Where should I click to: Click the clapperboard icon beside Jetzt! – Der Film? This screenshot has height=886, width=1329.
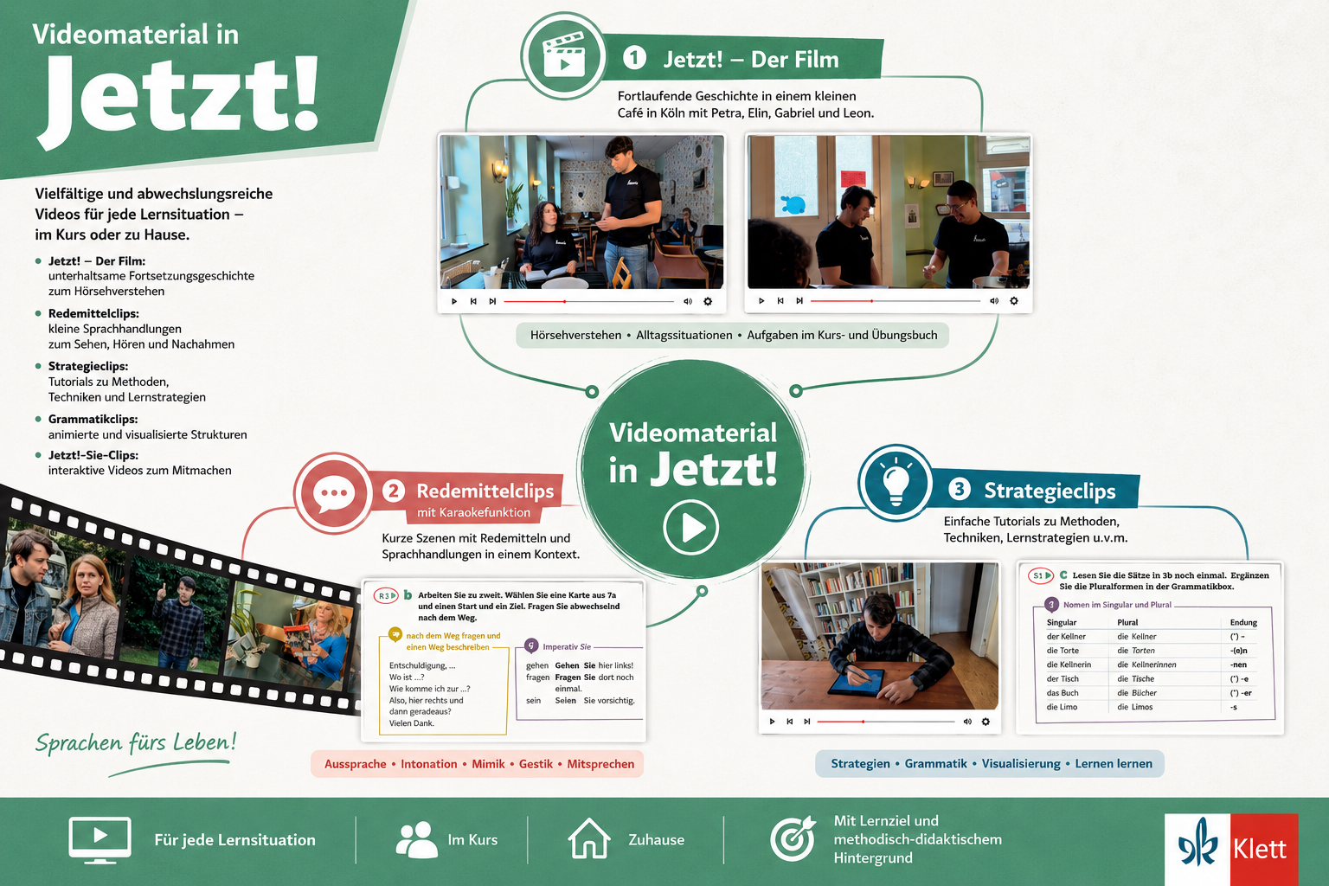click(563, 55)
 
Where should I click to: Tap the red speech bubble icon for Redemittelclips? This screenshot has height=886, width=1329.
click(333, 493)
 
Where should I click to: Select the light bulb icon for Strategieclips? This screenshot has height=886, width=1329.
click(896, 483)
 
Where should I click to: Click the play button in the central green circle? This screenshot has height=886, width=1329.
click(690, 528)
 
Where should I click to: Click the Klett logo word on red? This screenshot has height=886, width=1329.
click(1260, 849)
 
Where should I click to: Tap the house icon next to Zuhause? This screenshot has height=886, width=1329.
click(588, 838)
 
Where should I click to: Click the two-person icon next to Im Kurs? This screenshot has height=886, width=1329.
click(416, 840)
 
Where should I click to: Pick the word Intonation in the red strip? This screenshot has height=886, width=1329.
click(428, 764)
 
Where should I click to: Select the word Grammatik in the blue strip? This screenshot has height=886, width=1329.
click(935, 764)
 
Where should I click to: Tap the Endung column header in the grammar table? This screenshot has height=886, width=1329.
click(1243, 622)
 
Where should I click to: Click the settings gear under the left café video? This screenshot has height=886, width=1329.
click(708, 301)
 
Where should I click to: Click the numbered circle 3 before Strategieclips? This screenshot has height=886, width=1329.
click(960, 489)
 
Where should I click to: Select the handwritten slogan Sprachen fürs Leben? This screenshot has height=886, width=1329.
click(136, 743)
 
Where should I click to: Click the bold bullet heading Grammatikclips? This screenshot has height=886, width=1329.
click(93, 419)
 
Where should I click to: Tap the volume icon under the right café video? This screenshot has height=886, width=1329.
click(994, 301)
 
